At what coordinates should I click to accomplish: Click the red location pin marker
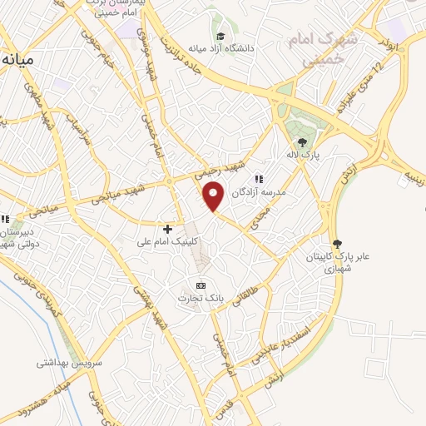coord(214,196)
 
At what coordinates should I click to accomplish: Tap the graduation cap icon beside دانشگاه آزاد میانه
coord(220,36)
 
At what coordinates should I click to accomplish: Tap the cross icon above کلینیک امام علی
coord(167,229)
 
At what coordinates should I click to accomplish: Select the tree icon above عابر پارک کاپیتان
coord(337,244)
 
